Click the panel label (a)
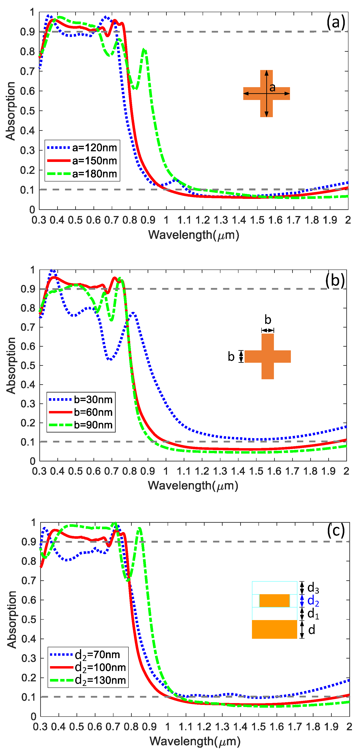click(336, 22)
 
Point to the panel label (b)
click(335, 280)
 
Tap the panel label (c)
click(336, 531)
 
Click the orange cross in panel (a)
click(266, 93)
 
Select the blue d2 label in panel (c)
click(313, 601)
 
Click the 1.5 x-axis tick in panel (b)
click(256, 471)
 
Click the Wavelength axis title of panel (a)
click(193, 235)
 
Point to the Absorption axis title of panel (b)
click(11, 366)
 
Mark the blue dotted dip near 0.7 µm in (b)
click(110, 359)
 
